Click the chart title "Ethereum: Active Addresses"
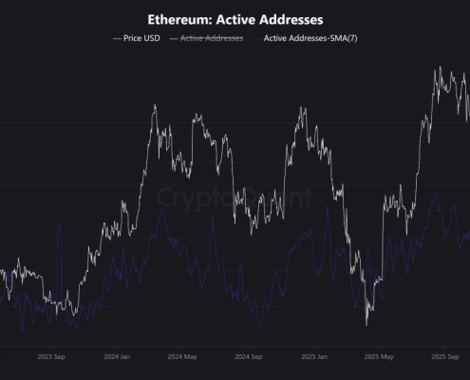pyautogui.click(x=235, y=18)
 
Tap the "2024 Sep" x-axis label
pyautogui.click(x=247, y=357)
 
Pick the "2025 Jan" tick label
pyautogui.click(x=313, y=357)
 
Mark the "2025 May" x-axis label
pyautogui.click(x=380, y=357)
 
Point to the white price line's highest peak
pyautogui.click(x=438, y=68)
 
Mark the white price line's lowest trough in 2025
pyautogui.click(x=367, y=324)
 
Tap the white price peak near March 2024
pyautogui.click(x=154, y=105)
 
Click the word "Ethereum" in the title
pyautogui.click(x=178, y=18)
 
